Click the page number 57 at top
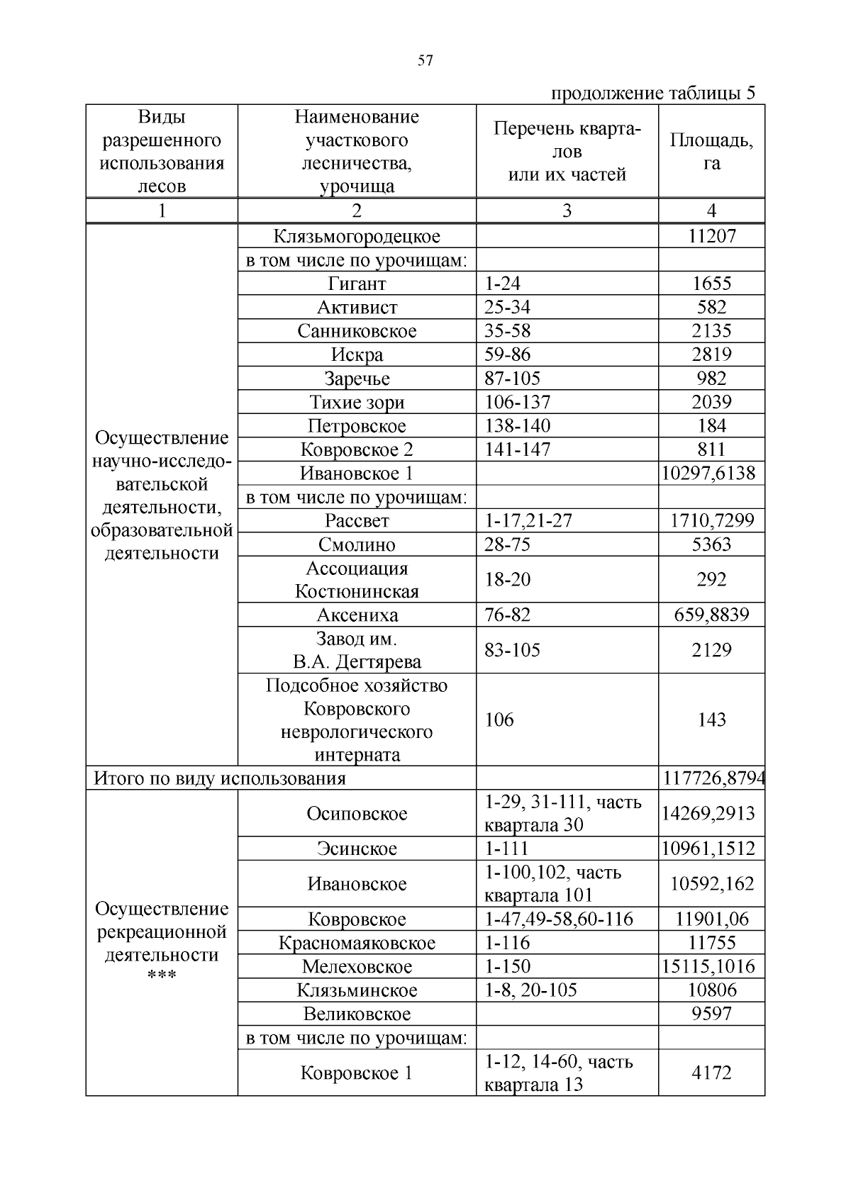click(x=425, y=61)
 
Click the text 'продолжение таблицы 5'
click(x=653, y=94)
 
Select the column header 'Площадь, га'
click(x=711, y=151)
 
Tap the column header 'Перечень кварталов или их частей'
click(x=567, y=151)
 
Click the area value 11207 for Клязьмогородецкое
click(x=711, y=236)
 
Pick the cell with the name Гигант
click(x=357, y=284)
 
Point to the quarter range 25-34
click(x=507, y=307)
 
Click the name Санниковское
click(x=357, y=331)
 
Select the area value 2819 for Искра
click(x=711, y=354)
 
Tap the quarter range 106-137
click(x=517, y=402)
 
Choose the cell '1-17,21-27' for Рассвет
click(x=528, y=520)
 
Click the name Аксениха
click(x=357, y=615)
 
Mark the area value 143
click(x=711, y=720)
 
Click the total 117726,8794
click(x=713, y=778)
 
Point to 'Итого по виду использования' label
click(x=220, y=778)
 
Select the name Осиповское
click(x=357, y=813)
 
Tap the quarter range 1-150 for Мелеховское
click(x=507, y=966)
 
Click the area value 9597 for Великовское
click(x=711, y=1014)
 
